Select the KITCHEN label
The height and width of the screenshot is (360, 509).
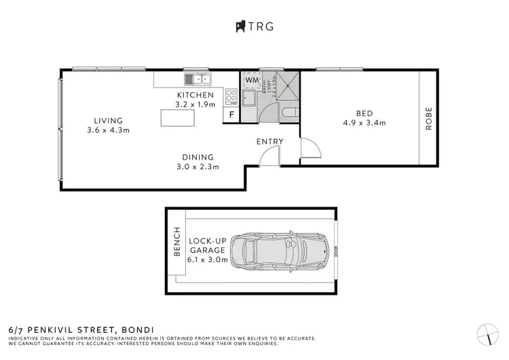pos(195,95)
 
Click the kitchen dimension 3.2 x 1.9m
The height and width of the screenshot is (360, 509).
pos(195,105)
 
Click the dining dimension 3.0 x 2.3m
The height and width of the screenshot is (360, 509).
pos(197,166)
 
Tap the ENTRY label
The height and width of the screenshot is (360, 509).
pos(269,141)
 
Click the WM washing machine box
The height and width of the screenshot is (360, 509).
pos(252,80)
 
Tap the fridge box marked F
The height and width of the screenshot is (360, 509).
pos(231,115)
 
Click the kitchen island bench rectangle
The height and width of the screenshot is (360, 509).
pos(178,118)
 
